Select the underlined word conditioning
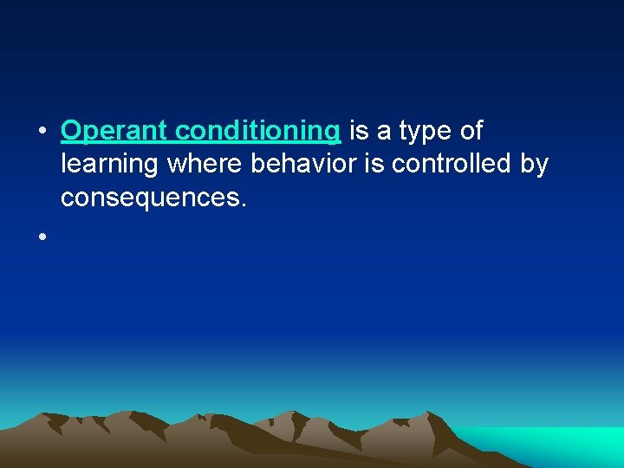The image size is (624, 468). pos(257,132)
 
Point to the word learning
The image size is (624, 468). pos(110,166)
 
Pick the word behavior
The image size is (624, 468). pos(301,165)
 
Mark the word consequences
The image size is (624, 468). pos(151,198)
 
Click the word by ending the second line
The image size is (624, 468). pos(533,166)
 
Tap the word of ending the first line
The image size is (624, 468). pos(471,132)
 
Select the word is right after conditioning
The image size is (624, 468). pos(357,132)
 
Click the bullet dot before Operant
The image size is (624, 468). pos(41,133)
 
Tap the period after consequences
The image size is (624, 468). pos(244,205)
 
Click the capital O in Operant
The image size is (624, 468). pos(71,132)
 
